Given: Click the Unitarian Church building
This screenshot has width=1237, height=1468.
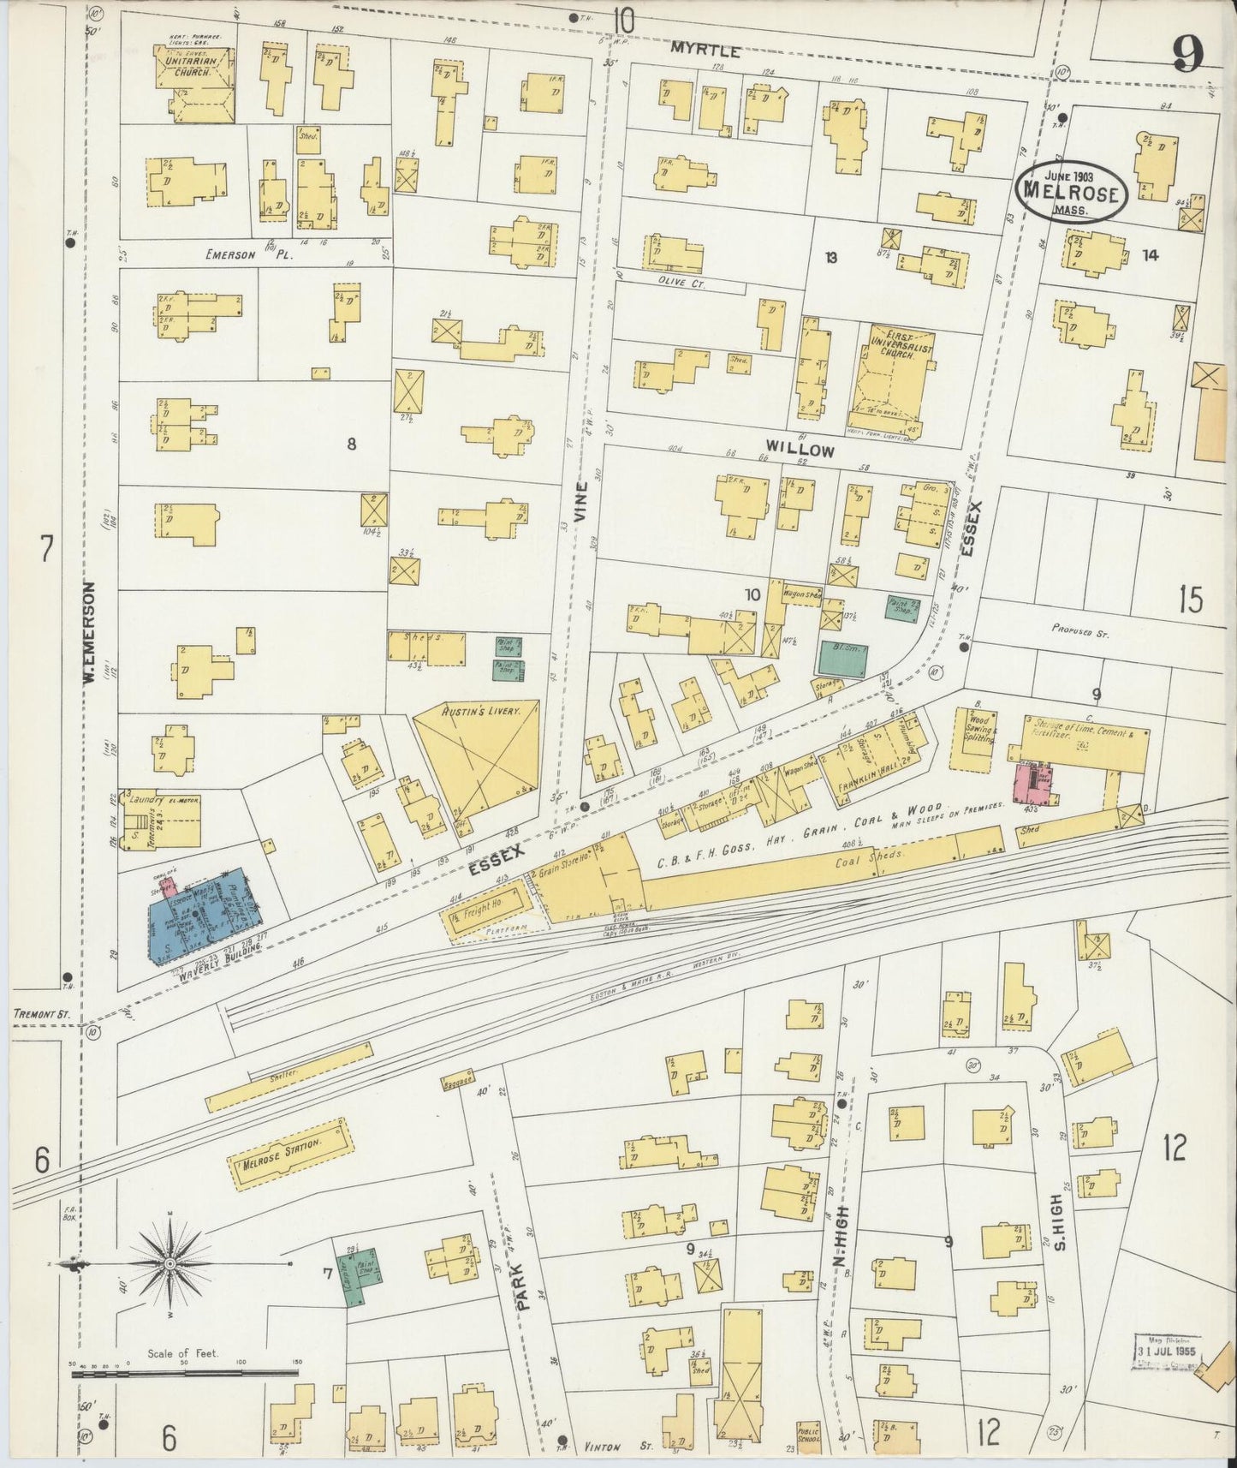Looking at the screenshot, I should pyautogui.click(x=194, y=82).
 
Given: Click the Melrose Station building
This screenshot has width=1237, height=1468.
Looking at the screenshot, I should pyautogui.click(x=291, y=1152).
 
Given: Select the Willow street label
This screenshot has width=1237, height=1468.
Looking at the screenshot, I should pyautogui.click(x=799, y=450).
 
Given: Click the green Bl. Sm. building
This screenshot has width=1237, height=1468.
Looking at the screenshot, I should pyautogui.click(x=842, y=657).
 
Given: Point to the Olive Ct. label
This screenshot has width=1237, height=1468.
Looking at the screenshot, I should pyautogui.click(x=681, y=283).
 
